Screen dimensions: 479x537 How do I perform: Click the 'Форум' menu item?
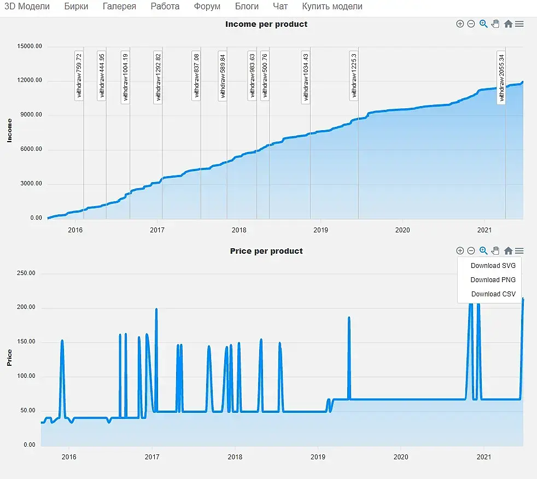click(207, 7)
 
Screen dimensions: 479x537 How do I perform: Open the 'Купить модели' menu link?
click(332, 7)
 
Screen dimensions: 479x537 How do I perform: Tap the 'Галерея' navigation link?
click(119, 7)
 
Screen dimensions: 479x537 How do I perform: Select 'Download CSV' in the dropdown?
click(493, 294)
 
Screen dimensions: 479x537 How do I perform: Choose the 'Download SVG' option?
click(493, 266)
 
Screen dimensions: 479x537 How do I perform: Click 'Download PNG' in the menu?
click(493, 279)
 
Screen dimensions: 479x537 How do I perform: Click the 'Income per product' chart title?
click(266, 24)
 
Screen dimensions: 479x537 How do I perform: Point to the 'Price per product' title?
click(266, 251)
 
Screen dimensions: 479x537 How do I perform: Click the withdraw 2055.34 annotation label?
click(501, 77)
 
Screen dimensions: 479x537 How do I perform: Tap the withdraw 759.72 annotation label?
click(79, 75)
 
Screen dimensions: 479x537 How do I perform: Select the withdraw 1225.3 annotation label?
click(354, 75)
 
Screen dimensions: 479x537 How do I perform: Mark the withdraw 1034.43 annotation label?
click(306, 77)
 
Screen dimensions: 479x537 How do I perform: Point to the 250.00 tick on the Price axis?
click(25, 273)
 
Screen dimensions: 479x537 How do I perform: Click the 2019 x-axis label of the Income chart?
click(320, 230)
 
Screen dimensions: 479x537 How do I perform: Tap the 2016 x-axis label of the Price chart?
click(69, 457)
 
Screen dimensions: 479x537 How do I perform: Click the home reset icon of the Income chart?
click(508, 24)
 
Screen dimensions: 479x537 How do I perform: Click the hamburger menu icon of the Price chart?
click(520, 251)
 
